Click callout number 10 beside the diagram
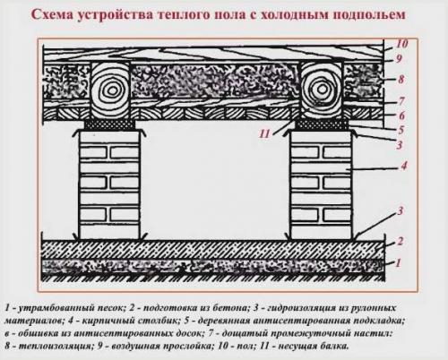[401, 42]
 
